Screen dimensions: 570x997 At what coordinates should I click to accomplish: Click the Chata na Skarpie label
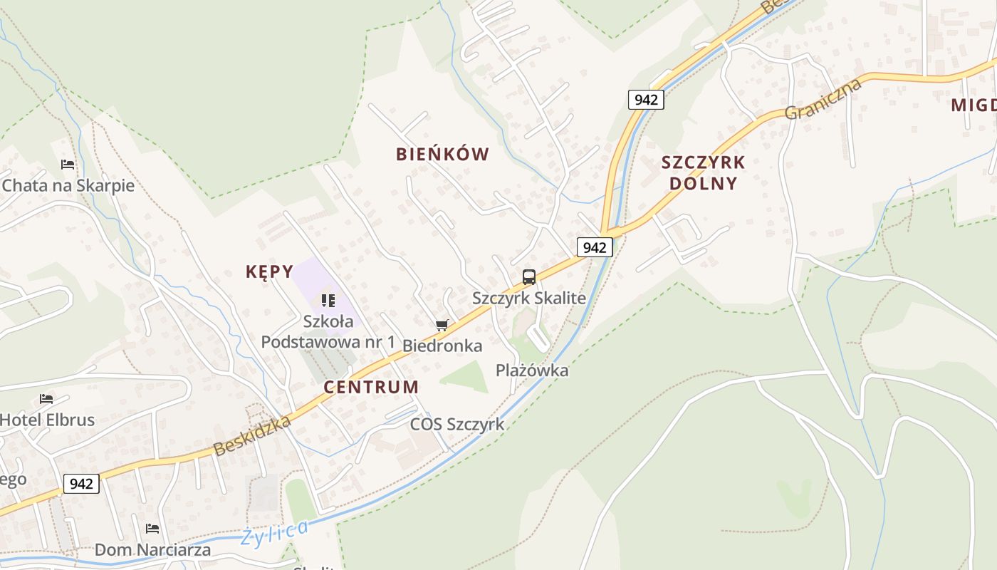(68, 186)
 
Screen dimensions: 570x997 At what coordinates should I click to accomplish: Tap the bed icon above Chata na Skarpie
(68, 165)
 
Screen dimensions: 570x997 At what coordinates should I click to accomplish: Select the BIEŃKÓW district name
(442, 154)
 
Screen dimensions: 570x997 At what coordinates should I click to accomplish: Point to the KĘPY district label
(269, 271)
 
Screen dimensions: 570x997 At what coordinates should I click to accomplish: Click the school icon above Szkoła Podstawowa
(328, 301)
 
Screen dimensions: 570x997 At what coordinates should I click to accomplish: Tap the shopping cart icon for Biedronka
(442, 326)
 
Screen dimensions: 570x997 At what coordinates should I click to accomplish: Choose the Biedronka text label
(442, 346)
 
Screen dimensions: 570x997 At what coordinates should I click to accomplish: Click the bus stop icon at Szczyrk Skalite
(528, 277)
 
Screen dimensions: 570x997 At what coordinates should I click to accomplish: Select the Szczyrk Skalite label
(529, 298)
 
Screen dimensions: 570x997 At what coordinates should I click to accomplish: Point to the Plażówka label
(532, 370)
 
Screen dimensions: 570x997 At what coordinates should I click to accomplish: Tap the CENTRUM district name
(371, 387)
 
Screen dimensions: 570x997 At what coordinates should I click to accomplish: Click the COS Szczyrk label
(456, 425)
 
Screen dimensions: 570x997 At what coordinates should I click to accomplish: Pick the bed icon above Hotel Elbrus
(46, 399)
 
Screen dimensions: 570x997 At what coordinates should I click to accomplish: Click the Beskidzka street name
(253, 435)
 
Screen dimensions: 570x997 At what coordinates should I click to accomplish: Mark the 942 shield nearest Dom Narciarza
(81, 484)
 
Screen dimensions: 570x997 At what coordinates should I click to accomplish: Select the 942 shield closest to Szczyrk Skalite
(594, 247)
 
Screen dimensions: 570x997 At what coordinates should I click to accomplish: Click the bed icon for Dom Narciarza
(152, 529)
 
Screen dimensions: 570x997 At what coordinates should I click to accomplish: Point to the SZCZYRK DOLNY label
(703, 172)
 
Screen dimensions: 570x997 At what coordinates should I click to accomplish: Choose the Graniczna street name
(823, 99)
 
